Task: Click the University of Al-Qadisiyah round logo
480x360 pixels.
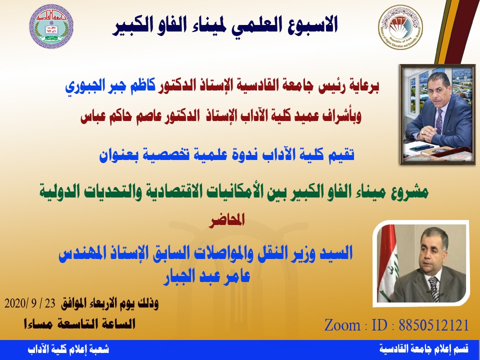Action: point(51,26)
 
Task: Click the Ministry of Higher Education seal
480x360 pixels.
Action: point(400,27)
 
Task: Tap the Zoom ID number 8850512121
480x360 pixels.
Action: point(434,325)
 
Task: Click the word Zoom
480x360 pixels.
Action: point(342,325)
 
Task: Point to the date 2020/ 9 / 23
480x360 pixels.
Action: point(30,303)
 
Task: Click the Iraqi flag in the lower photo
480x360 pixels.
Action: point(387,263)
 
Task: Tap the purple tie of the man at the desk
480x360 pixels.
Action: point(439,121)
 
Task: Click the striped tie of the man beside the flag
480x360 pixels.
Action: point(434,289)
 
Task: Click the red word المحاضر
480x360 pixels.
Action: point(227,220)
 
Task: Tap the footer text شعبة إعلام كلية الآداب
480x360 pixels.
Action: point(68,349)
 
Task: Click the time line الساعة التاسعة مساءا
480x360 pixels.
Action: point(79,324)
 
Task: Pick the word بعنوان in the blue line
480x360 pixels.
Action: point(119,154)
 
